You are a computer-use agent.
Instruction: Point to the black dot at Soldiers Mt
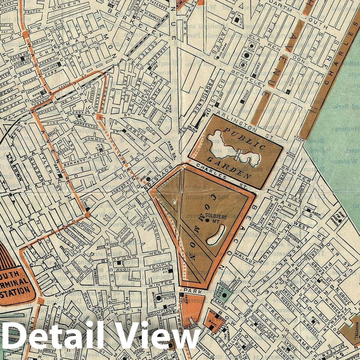[206, 220]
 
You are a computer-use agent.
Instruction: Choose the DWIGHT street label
[69, 7]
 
